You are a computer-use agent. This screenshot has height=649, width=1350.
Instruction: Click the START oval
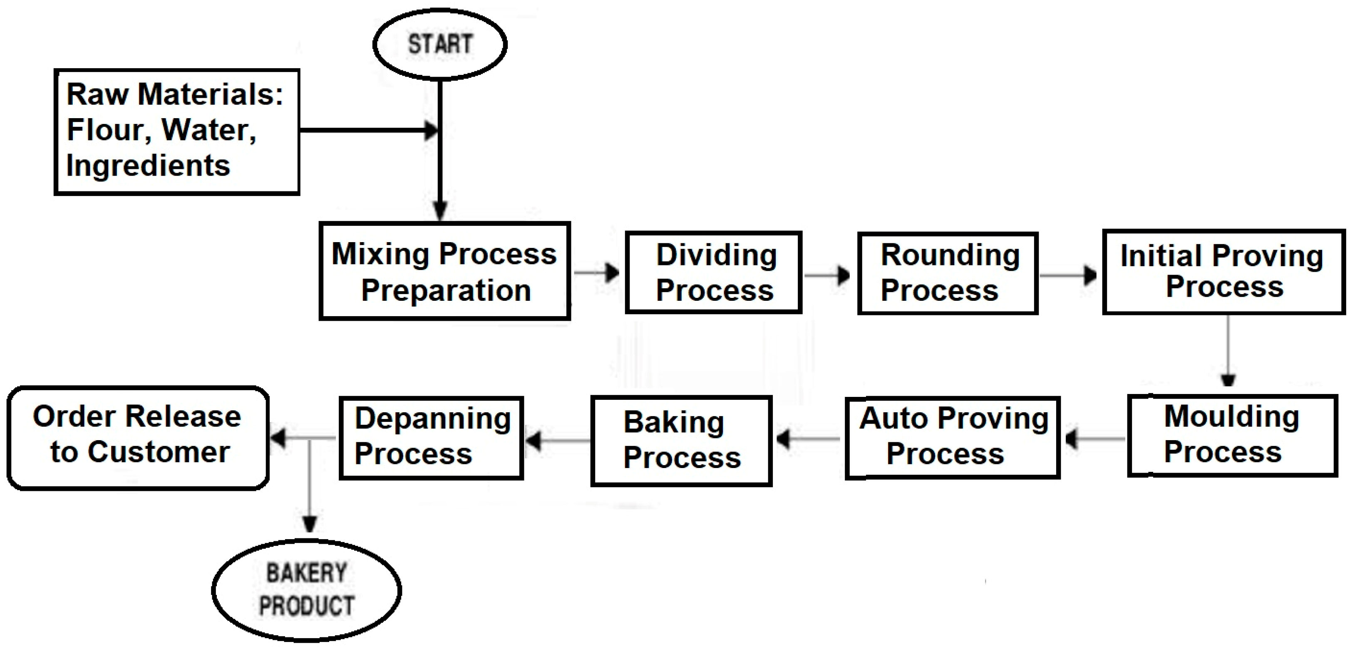click(440, 45)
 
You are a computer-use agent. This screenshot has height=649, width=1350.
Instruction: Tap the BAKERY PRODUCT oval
click(307, 590)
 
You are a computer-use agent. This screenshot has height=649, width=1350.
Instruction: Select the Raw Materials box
click(176, 132)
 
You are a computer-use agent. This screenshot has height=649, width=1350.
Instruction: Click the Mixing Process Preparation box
click(444, 271)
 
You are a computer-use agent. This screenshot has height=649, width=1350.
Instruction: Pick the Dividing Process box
click(713, 272)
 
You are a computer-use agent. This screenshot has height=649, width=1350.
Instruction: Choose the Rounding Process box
click(948, 273)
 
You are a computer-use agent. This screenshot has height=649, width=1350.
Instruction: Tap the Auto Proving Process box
click(952, 437)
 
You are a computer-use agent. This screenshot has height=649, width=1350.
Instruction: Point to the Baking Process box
click(681, 441)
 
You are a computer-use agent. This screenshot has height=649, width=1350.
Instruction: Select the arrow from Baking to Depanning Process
click(558, 440)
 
